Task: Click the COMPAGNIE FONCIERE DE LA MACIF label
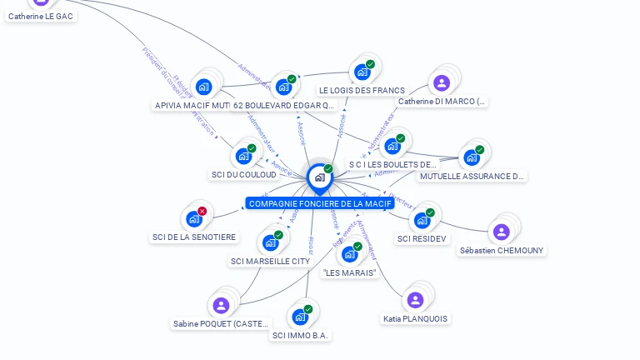319,203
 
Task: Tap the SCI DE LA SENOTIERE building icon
194,218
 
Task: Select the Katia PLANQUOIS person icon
415,299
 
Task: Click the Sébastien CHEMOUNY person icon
501,232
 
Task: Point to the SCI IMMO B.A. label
301,335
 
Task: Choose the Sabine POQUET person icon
221,305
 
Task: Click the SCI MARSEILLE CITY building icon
270,242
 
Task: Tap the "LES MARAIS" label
350,272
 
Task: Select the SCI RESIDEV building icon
422,220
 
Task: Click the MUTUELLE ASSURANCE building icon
471,157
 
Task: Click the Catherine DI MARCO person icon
442,82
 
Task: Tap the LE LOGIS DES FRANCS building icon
362,72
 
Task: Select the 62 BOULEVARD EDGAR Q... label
283,105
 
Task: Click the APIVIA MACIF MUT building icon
203,87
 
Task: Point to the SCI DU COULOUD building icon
243,156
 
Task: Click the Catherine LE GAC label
41,15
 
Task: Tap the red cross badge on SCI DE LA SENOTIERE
202,212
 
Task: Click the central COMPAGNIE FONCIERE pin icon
319,177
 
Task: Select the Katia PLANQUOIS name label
415,318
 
